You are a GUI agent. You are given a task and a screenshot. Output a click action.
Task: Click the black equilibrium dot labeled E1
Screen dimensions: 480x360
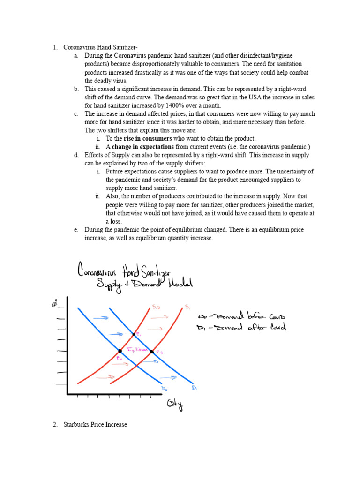click(135, 334)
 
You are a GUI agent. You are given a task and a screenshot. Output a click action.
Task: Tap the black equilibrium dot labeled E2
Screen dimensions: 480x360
click(151, 351)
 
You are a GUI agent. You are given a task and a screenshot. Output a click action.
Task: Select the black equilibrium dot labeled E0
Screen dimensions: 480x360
click(120, 351)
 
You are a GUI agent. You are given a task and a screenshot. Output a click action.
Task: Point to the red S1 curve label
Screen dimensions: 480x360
click(187, 307)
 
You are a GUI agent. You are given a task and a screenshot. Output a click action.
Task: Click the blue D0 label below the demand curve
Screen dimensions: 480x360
click(165, 389)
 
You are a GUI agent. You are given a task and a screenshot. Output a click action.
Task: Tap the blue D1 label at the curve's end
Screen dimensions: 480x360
click(194, 388)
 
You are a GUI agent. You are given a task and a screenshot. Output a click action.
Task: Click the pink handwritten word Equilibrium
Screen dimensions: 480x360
click(137, 349)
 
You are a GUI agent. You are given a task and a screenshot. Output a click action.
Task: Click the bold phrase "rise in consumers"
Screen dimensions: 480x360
click(150, 138)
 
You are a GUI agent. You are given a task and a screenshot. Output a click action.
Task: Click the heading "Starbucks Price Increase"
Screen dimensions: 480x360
click(95, 425)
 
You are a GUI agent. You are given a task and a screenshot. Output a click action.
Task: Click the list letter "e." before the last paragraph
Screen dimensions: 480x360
click(76, 230)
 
